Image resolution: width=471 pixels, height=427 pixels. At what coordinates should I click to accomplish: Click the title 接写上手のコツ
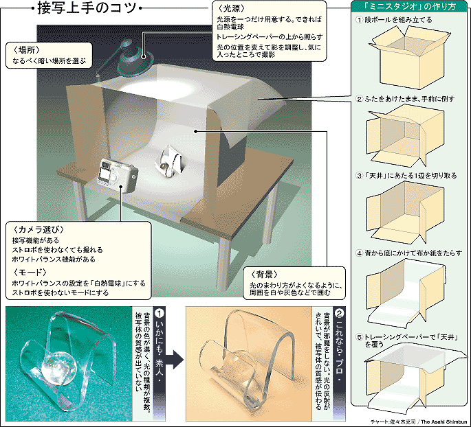point(85,10)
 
